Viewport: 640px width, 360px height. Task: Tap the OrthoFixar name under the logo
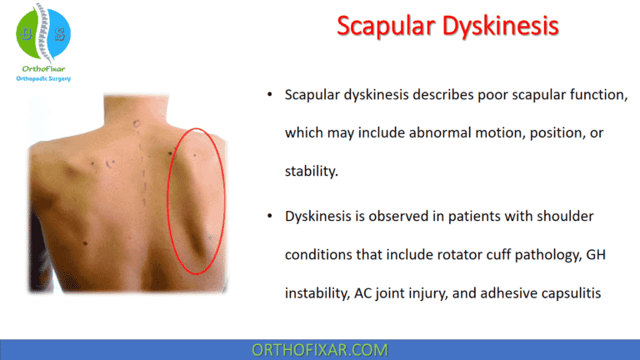coord(44,69)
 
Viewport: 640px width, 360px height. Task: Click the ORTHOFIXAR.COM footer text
coord(319,348)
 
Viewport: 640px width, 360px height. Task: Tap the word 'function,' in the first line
coord(593,95)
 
